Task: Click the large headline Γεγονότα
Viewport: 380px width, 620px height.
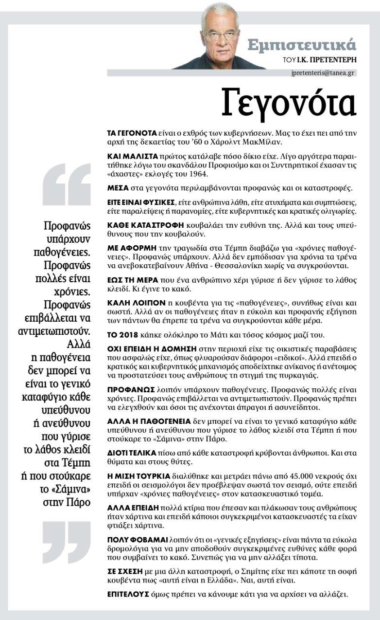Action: pyautogui.click(x=289, y=103)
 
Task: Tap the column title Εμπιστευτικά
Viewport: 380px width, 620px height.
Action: pyautogui.click(x=302, y=45)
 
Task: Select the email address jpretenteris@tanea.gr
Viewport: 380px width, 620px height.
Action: pyautogui.click(x=323, y=73)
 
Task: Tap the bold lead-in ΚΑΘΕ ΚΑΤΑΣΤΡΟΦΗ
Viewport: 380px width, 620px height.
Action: pyautogui.click(x=145, y=225)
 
